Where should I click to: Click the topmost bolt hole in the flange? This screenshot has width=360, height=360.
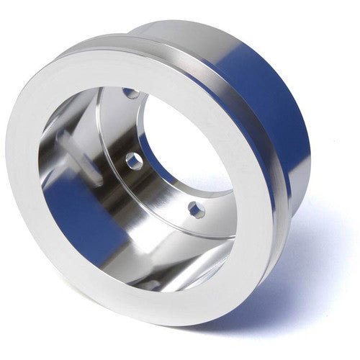[130, 93]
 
